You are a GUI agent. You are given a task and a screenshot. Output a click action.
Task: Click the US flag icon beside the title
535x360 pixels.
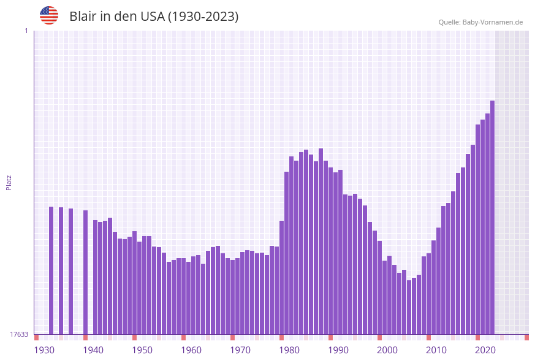49,15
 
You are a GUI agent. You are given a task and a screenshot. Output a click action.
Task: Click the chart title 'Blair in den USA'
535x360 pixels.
154,17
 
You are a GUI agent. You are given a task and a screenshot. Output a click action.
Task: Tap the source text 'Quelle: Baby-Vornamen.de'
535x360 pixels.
480,22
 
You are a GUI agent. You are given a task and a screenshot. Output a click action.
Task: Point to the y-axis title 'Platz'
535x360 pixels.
9,182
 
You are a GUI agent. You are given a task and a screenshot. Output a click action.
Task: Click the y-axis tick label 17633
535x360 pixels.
19,334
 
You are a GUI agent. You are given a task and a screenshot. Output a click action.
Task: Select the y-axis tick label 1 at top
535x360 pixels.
26,31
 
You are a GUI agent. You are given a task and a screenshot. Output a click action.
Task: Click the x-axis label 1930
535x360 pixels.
44,350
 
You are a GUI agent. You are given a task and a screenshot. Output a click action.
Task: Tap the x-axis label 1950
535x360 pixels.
142,350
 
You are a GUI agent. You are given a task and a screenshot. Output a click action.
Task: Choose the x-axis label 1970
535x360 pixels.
240,350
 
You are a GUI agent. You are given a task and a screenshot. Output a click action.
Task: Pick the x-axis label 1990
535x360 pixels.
338,350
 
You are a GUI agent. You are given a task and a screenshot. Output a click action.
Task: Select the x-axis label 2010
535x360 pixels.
436,350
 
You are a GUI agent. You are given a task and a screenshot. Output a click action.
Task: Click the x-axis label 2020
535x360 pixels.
485,350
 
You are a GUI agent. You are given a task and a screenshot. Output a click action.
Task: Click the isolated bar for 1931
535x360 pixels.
51,270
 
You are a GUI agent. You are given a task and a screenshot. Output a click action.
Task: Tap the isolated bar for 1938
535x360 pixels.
85,272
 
